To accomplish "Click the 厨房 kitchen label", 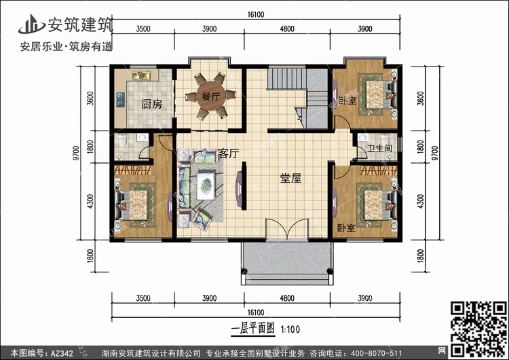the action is pyautogui.click(x=151, y=105).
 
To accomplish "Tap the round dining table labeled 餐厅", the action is pyautogui.click(x=211, y=96).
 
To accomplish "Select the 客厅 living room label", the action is pyautogui.click(x=229, y=153).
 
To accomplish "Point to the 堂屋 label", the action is pyautogui.click(x=290, y=178).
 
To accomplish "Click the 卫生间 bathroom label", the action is pyautogui.click(x=379, y=148).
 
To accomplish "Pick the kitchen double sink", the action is pyautogui.click(x=142, y=75).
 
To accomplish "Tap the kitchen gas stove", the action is pyautogui.click(x=120, y=99).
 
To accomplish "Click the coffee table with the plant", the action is pyautogui.click(x=206, y=186).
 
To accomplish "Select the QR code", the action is pyautogui.click(x=478, y=329).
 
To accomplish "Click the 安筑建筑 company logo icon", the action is pyautogui.click(x=31, y=24).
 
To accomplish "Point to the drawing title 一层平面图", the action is pyautogui.click(x=252, y=329).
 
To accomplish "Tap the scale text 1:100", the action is pyautogui.click(x=290, y=329).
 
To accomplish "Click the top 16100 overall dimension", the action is pyautogui.click(x=255, y=15).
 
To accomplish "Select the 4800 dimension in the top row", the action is pyautogui.click(x=287, y=29).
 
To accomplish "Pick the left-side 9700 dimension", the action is pyautogui.click(x=76, y=153).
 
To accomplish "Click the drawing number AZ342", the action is pyautogui.click(x=62, y=353).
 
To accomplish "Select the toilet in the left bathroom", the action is pyautogui.click(x=122, y=141).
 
